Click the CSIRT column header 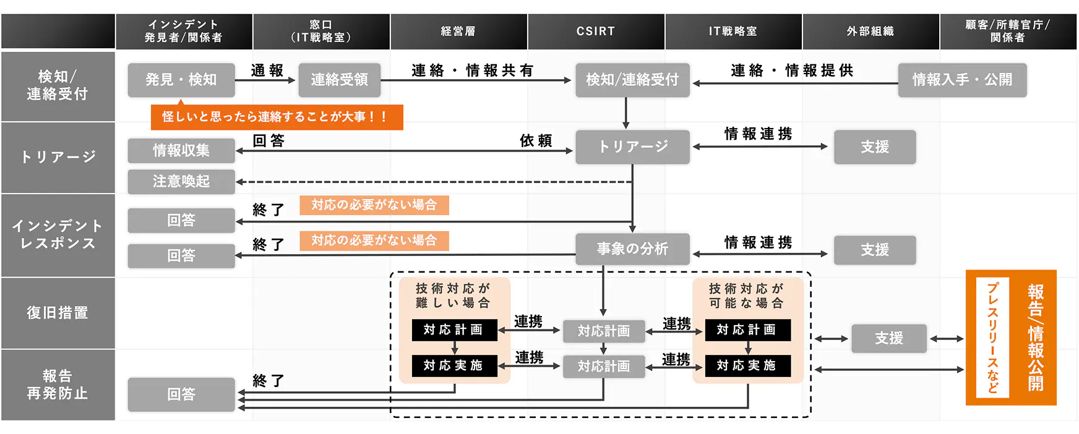point(596,32)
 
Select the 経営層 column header point(458,32)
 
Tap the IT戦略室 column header point(733,32)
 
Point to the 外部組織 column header point(871,32)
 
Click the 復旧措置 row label point(58,313)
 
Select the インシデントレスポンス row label point(58,235)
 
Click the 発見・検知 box point(181,80)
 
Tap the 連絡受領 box point(339,80)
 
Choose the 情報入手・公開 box point(962,80)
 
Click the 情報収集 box point(181,150)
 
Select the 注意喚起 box point(181,181)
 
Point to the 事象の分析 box point(632,249)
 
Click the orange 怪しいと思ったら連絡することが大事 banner point(277,117)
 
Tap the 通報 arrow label point(267,70)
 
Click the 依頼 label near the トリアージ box point(536,141)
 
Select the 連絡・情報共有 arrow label point(473,70)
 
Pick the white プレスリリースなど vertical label point(992,337)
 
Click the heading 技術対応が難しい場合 point(453,296)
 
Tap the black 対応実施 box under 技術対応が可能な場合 point(747,365)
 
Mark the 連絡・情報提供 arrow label point(792,70)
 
